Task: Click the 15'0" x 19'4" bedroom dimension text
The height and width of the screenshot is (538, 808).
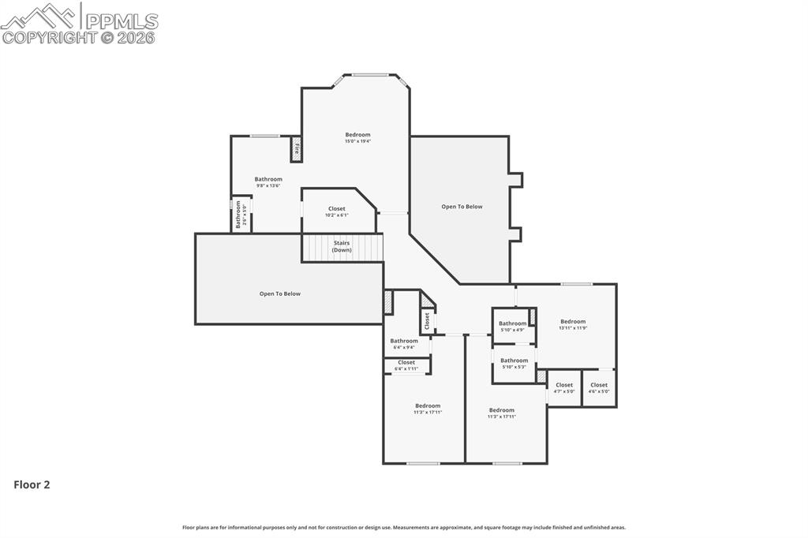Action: tap(357, 142)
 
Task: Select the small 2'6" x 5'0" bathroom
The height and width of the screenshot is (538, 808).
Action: tap(241, 214)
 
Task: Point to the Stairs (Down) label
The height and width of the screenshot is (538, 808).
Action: tap(342, 246)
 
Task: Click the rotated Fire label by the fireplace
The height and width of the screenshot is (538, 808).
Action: tap(297, 148)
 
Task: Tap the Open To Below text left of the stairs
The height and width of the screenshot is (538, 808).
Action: tap(280, 294)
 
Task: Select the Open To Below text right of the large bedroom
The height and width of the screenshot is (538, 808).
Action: tap(462, 207)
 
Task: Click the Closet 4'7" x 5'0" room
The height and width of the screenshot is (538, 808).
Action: tap(564, 387)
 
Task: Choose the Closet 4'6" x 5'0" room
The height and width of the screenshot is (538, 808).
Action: tap(599, 387)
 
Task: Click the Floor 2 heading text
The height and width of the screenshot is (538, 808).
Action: tap(32, 485)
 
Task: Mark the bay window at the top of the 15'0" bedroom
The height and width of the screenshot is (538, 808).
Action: tap(369, 75)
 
